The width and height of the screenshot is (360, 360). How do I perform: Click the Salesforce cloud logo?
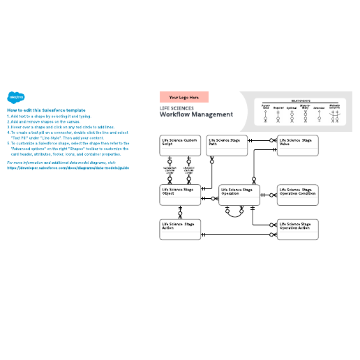tap(15, 98)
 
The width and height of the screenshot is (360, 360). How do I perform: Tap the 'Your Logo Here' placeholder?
tap(184, 98)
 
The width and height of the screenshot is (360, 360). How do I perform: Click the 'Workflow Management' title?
tap(196, 115)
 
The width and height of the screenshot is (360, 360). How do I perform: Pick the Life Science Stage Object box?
tap(180, 195)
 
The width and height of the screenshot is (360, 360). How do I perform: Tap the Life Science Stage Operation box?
tap(239, 195)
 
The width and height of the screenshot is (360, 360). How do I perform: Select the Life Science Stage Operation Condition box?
tap(298, 195)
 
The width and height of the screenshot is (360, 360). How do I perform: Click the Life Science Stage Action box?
tap(180, 230)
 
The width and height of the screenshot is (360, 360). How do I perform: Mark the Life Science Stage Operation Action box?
tap(298, 230)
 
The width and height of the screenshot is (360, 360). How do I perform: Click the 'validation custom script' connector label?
tap(170, 170)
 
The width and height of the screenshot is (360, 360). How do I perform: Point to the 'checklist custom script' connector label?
tap(188, 170)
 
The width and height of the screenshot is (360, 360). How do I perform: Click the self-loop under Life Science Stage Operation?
tap(239, 212)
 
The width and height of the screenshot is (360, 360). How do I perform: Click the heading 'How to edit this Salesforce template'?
tap(46, 110)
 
